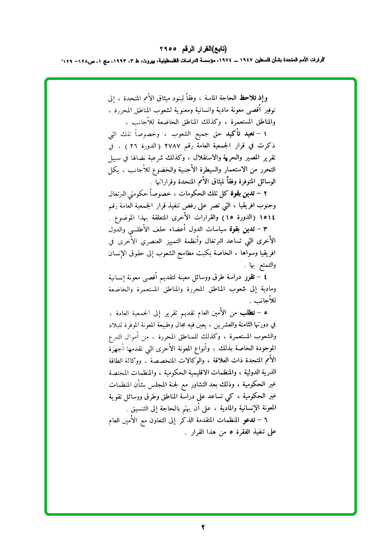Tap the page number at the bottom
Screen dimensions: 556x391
[203, 527]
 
